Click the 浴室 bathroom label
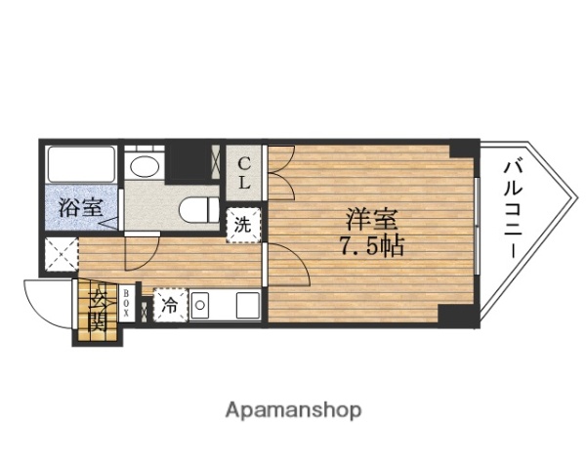click(80, 208)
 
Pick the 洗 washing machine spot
click(243, 224)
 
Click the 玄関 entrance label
click(98, 310)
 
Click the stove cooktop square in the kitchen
click(243, 305)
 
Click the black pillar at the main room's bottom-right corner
click(455, 315)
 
